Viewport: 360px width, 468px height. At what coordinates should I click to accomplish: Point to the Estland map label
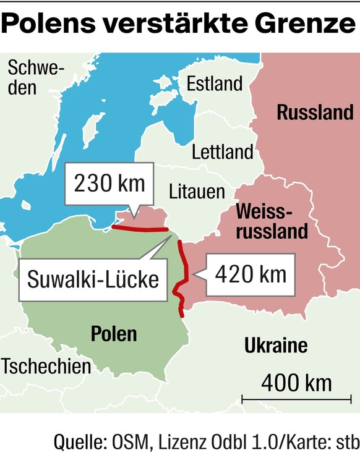(x=214, y=84)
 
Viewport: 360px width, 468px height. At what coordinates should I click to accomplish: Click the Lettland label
(x=222, y=151)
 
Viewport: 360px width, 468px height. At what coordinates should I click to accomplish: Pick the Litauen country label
(x=197, y=191)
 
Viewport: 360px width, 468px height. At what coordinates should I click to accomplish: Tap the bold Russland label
(x=315, y=113)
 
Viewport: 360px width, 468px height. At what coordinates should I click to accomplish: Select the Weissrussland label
(x=271, y=221)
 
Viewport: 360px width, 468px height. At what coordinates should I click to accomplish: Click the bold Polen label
(x=114, y=334)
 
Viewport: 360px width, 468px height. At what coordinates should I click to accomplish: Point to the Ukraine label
(x=276, y=345)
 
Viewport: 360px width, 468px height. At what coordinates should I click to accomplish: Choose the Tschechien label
(x=46, y=366)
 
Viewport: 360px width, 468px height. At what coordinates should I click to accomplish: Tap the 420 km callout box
(x=251, y=273)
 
